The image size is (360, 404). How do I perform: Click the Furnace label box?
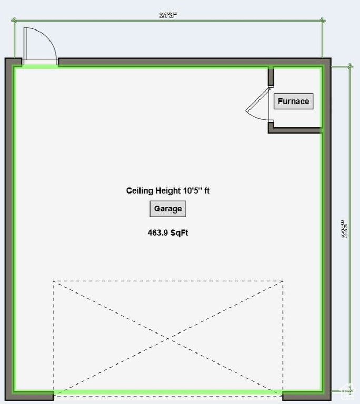(293, 102)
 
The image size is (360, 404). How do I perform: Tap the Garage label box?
(168, 209)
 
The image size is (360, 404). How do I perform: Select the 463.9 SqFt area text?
(168, 233)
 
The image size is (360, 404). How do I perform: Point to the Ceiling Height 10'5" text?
(168, 190)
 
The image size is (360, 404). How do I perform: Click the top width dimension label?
(168, 15)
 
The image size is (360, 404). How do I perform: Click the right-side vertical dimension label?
(345, 229)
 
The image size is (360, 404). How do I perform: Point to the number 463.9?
(158, 233)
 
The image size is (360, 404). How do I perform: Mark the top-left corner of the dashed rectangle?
(53, 281)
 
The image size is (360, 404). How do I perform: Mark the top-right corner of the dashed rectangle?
(283, 281)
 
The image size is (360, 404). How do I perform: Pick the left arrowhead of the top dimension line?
(14, 21)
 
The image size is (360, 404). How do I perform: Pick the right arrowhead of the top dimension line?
(322, 21)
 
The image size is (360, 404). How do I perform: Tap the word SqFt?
(179, 233)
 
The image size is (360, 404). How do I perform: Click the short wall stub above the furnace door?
(271, 77)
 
